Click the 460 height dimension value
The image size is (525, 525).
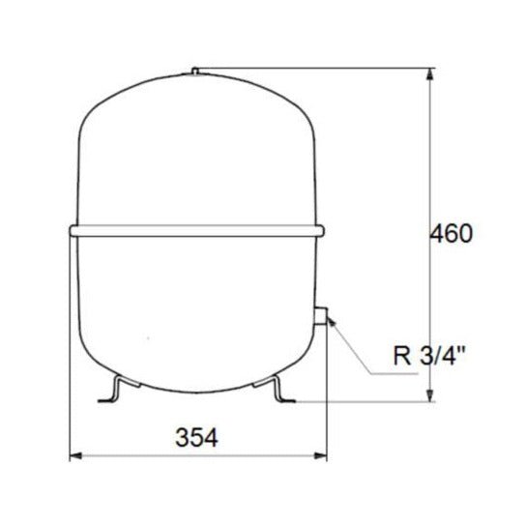pyautogui.click(x=451, y=235)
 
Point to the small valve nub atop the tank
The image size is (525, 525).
pyautogui.click(x=196, y=71)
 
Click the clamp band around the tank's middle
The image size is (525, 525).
pyautogui.click(x=197, y=231)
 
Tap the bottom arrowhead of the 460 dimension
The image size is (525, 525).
pyautogui.click(x=430, y=394)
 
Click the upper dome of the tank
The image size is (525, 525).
pyautogui.click(x=197, y=145)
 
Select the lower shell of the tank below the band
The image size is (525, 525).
pyautogui.click(x=197, y=309)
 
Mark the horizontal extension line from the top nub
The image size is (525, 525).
pyautogui.click(x=309, y=68)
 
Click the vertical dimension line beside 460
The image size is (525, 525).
pyautogui.click(x=430, y=309)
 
